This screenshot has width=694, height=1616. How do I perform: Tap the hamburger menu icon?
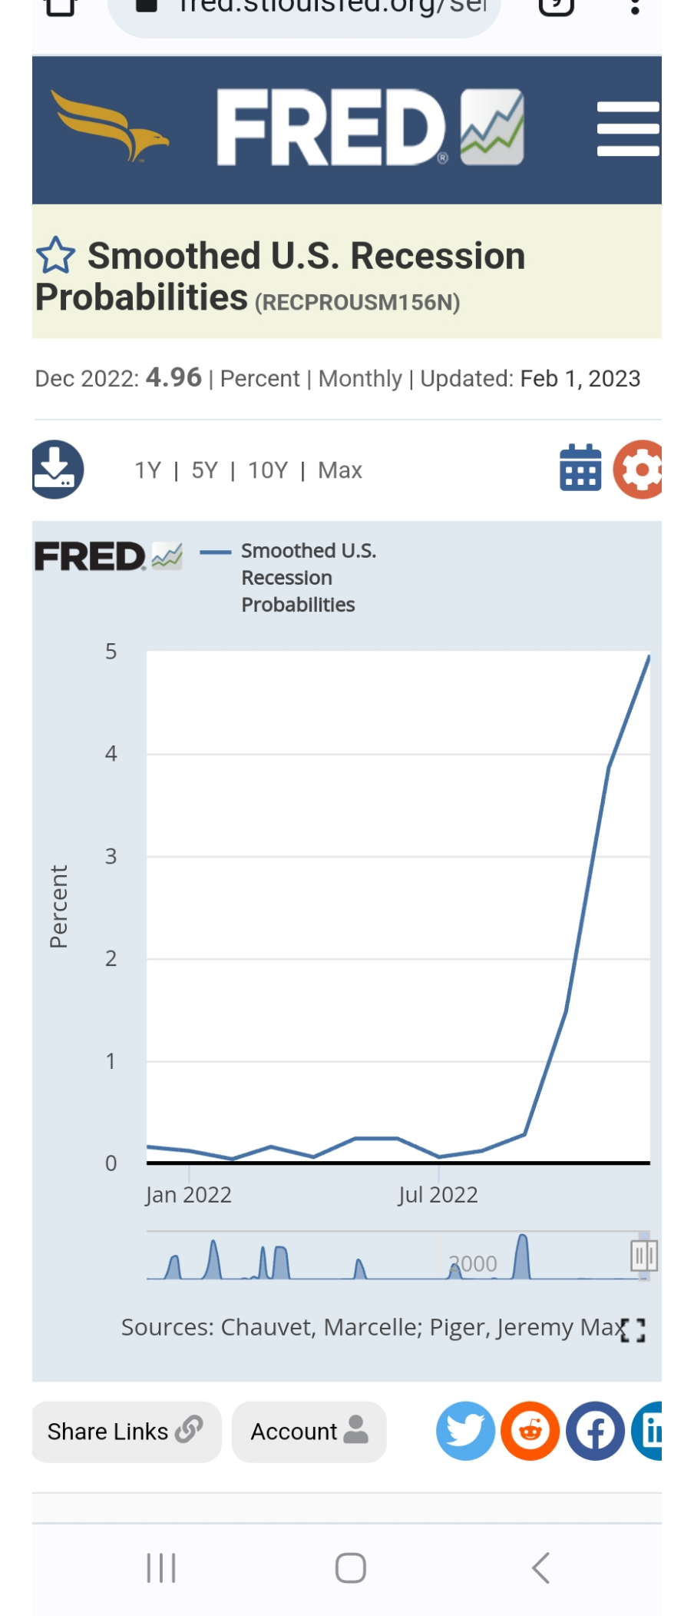(627, 129)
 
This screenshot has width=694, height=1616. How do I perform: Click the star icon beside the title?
(56, 256)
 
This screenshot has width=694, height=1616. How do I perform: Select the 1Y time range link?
(147, 470)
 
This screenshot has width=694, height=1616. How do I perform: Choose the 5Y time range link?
(204, 470)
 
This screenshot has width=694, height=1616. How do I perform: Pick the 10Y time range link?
(268, 470)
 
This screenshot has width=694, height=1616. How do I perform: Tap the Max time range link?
(340, 470)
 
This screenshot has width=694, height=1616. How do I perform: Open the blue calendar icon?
(580, 468)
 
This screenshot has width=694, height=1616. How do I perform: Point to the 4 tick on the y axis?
(111, 754)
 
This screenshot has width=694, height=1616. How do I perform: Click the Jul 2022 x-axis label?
(438, 1195)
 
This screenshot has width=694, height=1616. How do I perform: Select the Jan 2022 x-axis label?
(189, 1195)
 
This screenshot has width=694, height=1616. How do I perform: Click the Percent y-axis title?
(59, 907)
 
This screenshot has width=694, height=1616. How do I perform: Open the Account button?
(309, 1432)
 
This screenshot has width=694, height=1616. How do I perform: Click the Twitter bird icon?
(465, 1431)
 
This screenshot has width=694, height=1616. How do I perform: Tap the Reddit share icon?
(530, 1431)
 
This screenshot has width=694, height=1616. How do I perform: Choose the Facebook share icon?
(595, 1431)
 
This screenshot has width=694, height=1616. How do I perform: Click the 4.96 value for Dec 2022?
(173, 377)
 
